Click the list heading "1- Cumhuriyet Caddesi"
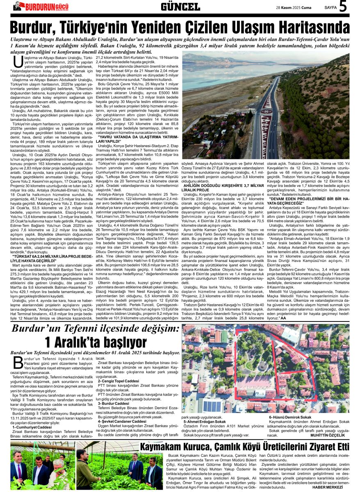[32, 427]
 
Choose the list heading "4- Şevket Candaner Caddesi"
[122, 421]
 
